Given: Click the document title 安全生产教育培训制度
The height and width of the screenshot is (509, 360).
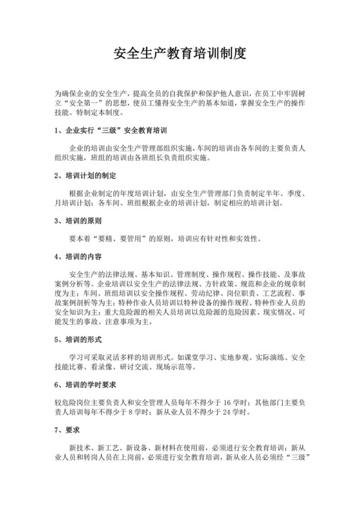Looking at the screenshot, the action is click(179, 53).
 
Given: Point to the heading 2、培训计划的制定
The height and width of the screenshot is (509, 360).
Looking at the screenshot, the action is click(85, 175).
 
